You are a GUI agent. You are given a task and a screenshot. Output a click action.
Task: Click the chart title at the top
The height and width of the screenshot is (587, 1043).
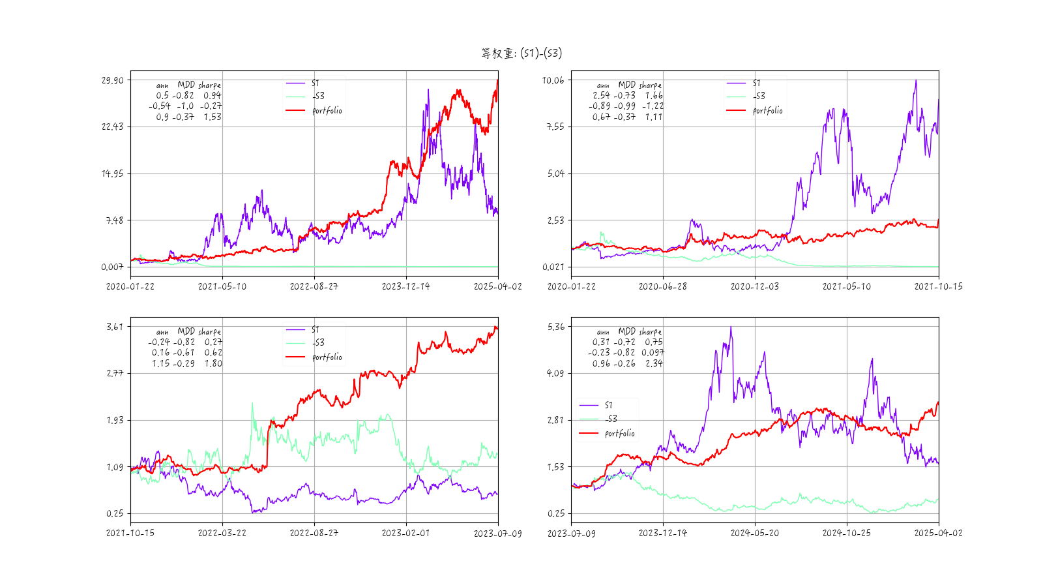coord(521,53)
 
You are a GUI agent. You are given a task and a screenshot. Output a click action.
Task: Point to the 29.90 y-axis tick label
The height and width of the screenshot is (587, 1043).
coord(112,80)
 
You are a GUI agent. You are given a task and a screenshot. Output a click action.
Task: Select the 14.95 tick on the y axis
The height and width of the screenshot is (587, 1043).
coord(112,173)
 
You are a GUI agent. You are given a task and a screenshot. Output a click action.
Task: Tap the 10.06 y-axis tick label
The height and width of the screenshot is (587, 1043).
coord(553,80)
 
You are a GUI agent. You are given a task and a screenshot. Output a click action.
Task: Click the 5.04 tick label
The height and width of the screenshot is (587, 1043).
coord(555,173)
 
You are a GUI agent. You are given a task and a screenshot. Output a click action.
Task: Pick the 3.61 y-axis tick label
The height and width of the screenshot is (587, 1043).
coord(114,327)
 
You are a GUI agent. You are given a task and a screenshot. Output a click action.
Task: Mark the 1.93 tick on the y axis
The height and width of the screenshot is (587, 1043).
coord(114,420)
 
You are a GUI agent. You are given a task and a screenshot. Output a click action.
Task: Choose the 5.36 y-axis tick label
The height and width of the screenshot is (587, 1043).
coord(555,327)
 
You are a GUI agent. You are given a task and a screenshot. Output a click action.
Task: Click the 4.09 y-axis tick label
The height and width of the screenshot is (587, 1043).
coord(555,373)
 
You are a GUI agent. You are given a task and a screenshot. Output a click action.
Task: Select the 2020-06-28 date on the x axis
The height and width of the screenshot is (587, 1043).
coord(662,286)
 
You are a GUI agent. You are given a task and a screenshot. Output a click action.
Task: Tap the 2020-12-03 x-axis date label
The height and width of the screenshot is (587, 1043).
coord(754,286)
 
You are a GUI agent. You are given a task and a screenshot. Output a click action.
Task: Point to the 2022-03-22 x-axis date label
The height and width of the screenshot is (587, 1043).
coord(222,533)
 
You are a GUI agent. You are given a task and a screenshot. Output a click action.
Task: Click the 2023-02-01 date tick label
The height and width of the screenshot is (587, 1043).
coord(405,533)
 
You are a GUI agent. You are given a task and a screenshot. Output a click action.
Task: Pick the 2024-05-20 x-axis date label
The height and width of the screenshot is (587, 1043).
coord(754,533)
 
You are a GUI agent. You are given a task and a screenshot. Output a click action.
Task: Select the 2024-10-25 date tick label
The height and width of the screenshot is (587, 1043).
coord(846,533)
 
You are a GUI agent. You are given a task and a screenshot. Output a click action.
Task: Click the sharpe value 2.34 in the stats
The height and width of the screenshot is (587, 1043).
coord(654,363)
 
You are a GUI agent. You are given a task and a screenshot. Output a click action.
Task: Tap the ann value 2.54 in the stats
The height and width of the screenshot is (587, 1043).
coord(601,95)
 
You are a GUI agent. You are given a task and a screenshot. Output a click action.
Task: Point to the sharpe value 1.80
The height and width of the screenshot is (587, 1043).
coord(213,363)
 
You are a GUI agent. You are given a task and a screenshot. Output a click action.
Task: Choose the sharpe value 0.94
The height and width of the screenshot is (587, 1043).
coord(213,95)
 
